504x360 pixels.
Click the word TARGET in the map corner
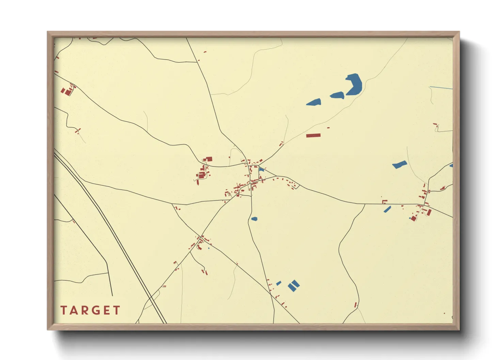tap(90, 310)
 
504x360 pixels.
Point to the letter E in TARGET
tap(107, 310)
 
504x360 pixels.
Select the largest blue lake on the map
tap(354, 84)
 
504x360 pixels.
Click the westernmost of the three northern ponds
tap(314, 102)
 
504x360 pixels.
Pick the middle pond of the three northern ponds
tap(337, 95)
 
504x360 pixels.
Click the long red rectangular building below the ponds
tap(313, 135)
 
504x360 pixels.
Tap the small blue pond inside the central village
tap(261, 169)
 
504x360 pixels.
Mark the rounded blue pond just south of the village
tap(254, 219)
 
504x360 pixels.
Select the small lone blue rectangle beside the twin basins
tap(279, 283)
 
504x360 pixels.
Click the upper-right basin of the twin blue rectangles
tap(295, 283)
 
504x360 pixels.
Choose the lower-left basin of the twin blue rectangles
tap(292, 288)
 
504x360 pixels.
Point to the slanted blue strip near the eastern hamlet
tap(387, 209)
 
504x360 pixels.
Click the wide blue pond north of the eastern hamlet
tap(399, 165)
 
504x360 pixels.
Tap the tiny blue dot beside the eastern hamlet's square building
tap(410, 218)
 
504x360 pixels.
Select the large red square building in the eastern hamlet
tap(414, 218)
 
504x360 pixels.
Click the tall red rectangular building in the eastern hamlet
tap(429, 212)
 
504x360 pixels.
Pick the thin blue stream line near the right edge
tap(441, 88)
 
